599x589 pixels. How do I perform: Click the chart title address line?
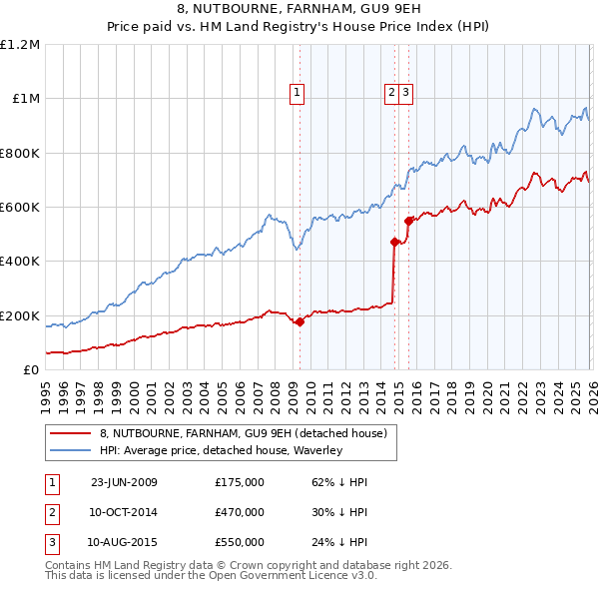click(x=299, y=11)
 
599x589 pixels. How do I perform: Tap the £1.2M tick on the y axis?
click(x=20, y=45)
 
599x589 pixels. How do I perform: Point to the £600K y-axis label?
click(x=20, y=208)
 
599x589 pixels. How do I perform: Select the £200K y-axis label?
click(x=20, y=315)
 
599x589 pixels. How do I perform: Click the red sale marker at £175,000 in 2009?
click(x=299, y=321)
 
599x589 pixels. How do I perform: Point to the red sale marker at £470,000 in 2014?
click(x=394, y=242)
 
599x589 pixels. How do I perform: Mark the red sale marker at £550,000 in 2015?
click(x=409, y=221)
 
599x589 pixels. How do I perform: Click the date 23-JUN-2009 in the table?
click(x=124, y=482)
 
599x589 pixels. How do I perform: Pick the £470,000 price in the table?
click(x=239, y=512)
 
